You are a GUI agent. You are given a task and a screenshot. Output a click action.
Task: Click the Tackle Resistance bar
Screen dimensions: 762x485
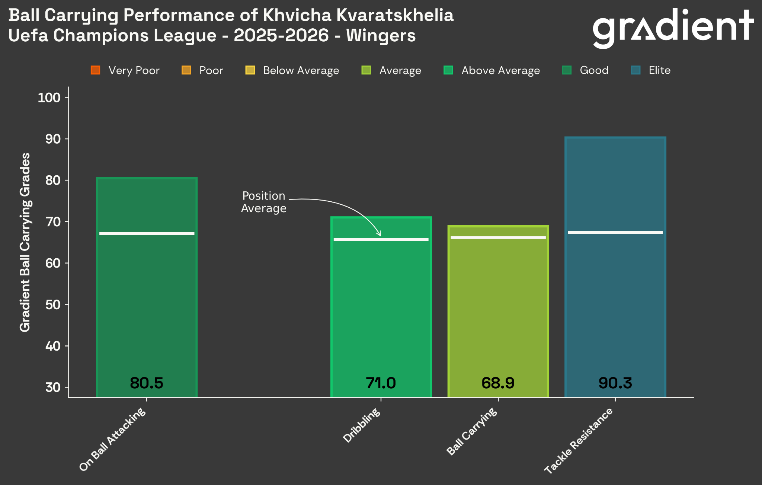click(615, 267)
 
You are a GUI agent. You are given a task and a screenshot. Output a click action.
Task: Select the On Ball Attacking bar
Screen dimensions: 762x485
click(147, 287)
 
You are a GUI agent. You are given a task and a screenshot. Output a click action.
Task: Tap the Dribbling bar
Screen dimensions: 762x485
click(381, 307)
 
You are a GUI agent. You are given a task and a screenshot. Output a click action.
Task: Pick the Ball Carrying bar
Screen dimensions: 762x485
click(498, 312)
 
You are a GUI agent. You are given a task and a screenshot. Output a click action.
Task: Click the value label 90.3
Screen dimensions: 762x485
click(615, 383)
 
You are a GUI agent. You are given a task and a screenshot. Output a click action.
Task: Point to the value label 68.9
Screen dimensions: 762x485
click(498, 383)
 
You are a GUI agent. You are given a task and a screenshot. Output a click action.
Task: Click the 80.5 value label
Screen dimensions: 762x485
click(147, 383)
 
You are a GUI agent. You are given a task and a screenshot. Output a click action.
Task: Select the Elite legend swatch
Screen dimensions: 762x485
click(636, 70)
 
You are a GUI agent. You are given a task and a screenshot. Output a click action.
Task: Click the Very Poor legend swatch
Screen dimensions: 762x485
click(96, 70)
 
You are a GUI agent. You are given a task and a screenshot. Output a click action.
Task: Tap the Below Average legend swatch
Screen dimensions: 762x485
click(250, 70)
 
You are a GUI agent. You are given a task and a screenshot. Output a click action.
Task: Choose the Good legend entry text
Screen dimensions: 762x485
click(594, 70)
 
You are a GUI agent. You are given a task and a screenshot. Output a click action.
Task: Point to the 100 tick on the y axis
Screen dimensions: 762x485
click(49, 98)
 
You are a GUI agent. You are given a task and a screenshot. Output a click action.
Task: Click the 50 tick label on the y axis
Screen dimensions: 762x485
click(53, 304)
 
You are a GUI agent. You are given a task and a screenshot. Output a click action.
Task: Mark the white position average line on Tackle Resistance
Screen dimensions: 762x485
click(615, 233)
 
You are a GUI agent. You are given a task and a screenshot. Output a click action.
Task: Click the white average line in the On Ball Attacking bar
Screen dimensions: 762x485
click(147, 234)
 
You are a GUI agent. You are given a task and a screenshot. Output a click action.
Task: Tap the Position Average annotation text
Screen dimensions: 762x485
click(263, 202)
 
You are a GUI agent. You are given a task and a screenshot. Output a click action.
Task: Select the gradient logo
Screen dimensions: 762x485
click(673, 28)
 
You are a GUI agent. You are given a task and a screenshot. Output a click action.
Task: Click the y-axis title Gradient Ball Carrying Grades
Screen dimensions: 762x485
click(25, 242)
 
